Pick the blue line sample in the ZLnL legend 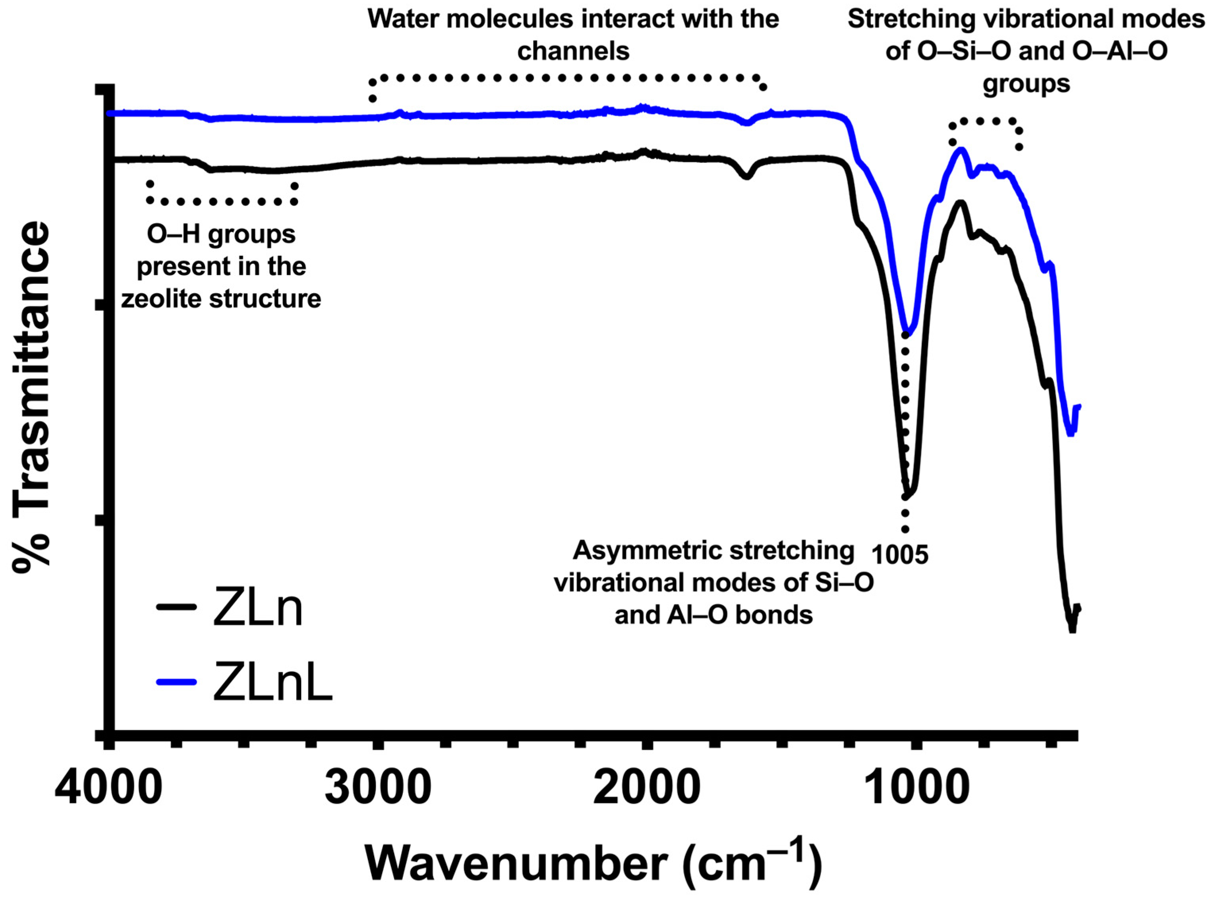176,681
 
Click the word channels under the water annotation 573,52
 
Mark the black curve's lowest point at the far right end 1072,630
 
